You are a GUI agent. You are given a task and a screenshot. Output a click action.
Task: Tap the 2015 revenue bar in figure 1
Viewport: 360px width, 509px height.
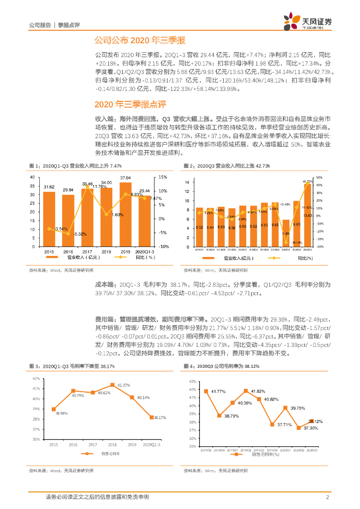click(x=49, y=219)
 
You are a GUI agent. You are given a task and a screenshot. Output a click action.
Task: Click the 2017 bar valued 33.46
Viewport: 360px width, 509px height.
click(x=88, y=217)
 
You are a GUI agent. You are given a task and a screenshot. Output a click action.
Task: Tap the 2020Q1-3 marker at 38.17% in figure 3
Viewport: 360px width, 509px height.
click(x=151, y=417)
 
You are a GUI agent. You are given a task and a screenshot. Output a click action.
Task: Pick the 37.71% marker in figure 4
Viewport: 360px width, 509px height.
click(x=272, y=424)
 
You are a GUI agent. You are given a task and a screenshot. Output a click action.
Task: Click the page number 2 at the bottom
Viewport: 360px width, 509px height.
click(x=328, y=497)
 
